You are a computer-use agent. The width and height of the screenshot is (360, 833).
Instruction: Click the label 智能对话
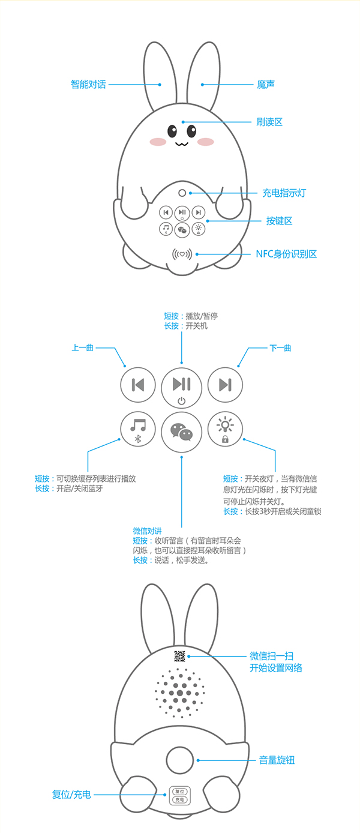pyautogui.click(x=89, y=85)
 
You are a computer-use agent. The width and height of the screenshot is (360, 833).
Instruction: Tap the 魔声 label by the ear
pyautogui.click(x=266, y=85)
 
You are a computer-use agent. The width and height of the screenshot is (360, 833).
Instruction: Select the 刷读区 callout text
pyautogui.click(x=269, y=122)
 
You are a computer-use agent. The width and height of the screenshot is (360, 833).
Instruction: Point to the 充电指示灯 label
pyautogui.click(x=284, y=193)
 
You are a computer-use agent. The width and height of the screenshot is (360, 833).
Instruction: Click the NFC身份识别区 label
pyautogui.click(x=286, y=254)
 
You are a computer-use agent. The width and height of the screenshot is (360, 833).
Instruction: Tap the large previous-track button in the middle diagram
pyautogui.click(x=138, y=385)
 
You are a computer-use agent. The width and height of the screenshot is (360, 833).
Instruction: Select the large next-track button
pyautogui.click(x=225, y=385)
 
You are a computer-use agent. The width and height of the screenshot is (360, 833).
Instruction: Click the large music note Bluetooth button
pyautogui.click(x=138, y=429)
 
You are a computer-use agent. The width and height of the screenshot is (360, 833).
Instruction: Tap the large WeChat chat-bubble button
pyautogui.click(x=181, y=432)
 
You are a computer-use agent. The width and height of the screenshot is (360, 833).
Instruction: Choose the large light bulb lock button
pyautogui.click(x=225, y=429)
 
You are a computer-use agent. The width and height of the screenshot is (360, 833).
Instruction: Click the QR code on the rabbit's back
pyautogui.click(x=179, y=657)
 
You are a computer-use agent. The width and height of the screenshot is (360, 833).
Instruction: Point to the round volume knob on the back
pyautogui.click(x=180, y=760)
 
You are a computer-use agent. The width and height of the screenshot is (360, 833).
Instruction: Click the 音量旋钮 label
pyautogui.click(x=277, y=760)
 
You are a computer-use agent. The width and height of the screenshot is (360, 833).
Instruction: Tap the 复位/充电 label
pyautogui.click(x=71, y=795)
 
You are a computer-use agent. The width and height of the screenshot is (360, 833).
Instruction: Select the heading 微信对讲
pyautogui.click(x=147, y=531)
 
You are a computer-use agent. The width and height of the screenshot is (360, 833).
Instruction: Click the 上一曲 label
pyautogui.click(x=82, y=347)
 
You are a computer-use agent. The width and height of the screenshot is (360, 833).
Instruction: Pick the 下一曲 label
pyautogui.click(x=280, y=348)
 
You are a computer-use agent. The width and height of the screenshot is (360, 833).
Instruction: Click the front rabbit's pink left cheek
pyautogui.click(x=158, y=142)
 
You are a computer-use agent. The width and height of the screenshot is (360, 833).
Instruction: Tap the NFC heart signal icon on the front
pyautogui.click(x=182, y=254)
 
